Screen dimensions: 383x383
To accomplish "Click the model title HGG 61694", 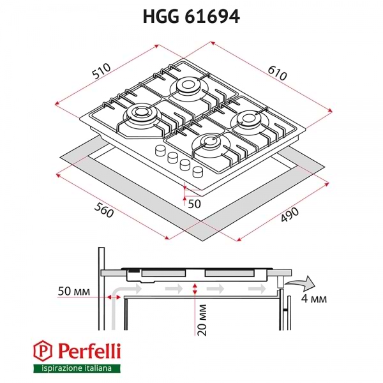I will pyautogui.click(x=191, y=17).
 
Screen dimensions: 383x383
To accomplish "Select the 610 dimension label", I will pyautogui.click(x=275, y=71).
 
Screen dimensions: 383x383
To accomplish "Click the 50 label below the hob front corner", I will pyautogui.click(x=193, y=203).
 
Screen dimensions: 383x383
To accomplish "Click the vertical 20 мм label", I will pyautogui.click(x=204, y=319).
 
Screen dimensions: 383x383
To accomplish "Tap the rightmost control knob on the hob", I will pyautogui.click(x=198, y=170).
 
